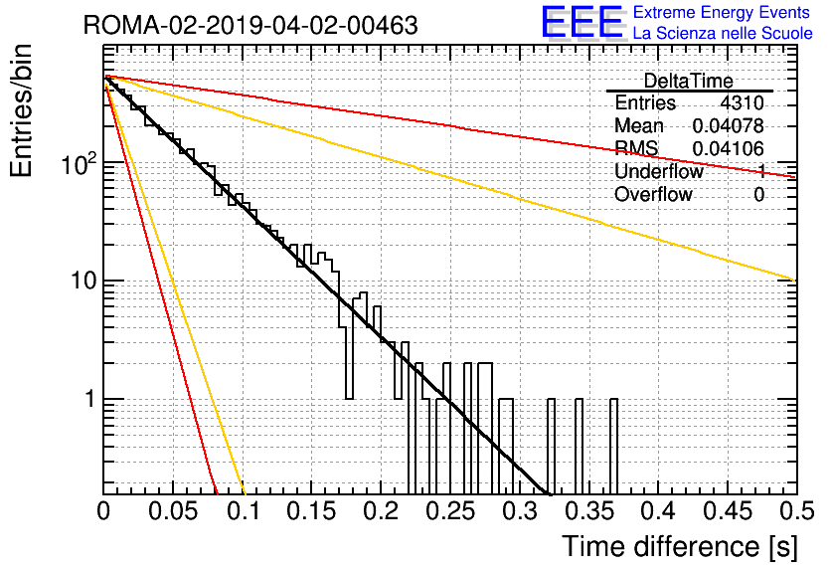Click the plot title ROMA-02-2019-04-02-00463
(x=250, y=25)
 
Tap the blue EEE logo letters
(x=582, y=22)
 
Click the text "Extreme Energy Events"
(x=722, y=12)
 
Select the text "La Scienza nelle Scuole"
(x=723, y=34)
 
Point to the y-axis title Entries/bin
(x=21, y=110)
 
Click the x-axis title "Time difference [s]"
(x=680, y=546)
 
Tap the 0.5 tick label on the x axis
(x=796, y=511)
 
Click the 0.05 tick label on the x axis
(x=173, y=511)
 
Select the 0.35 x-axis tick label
(x=588, y=511)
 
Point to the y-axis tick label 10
(x=83, y=281)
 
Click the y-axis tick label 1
(x=90, y=399)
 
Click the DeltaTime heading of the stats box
(x=689, y=81)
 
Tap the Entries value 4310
(x=742, y=102)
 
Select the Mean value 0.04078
(x=729, y=125)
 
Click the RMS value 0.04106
(x=729, y=149)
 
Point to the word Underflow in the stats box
(x=659, y=171)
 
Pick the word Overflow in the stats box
(x=653, y=195)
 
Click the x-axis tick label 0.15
(x=311, y=511)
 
